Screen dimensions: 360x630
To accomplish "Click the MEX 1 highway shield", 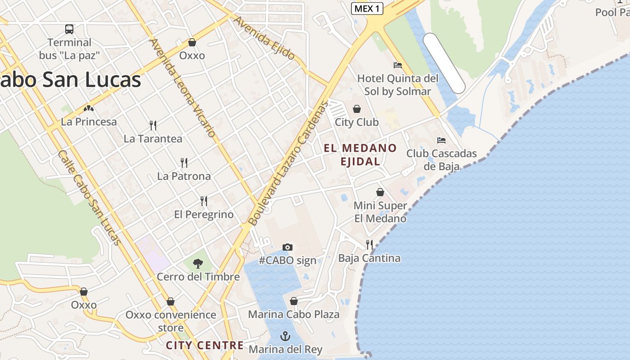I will [x=367, y=9].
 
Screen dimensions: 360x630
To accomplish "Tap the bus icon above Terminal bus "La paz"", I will [x=69, y=29].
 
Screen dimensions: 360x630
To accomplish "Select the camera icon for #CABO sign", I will [x=288, y=247].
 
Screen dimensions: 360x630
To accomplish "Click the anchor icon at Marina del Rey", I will [x=285, y=336].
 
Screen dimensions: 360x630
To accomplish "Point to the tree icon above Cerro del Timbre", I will [x=198, y=264].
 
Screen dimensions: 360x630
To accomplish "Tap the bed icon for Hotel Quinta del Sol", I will [x=397, y=65].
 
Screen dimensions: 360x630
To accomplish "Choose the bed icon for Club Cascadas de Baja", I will [x=441, y=140].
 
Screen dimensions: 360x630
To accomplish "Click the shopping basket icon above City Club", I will [x=357, y=109].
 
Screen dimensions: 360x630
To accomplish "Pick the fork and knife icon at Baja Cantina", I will [x=369, y=245].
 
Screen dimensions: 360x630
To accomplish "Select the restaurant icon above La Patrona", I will [x=184, y=162].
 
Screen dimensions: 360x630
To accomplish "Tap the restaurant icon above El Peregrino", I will [x=204, y=201].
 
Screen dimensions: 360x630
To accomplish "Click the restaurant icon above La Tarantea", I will [x=153, y=125].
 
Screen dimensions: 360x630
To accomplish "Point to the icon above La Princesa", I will [x=89, y=108].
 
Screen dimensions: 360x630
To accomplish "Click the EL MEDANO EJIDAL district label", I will [x=360, y=154].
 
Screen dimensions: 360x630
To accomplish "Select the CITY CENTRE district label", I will [x=205, y=345].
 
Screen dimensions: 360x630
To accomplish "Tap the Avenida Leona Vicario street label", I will [x=183, y=88].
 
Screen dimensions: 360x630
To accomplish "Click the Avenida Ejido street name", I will [x=265, y=38].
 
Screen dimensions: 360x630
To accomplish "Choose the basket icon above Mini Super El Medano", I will [x=380, y=192].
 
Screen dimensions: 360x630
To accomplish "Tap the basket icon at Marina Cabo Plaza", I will [x=294, y=301].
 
